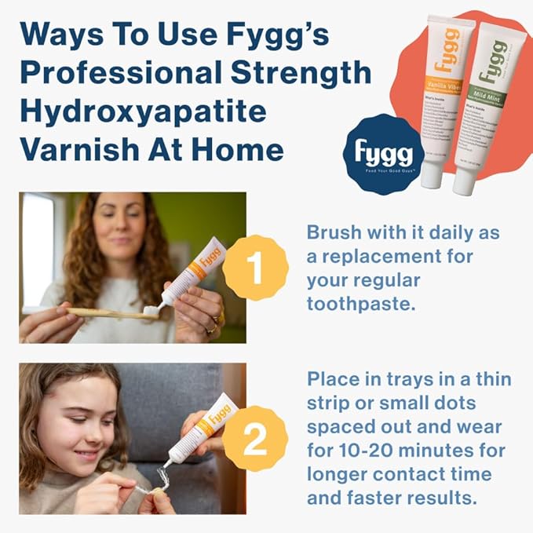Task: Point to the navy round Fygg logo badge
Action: [x=384, y=155]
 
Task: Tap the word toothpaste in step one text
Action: [x=362, y=304]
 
